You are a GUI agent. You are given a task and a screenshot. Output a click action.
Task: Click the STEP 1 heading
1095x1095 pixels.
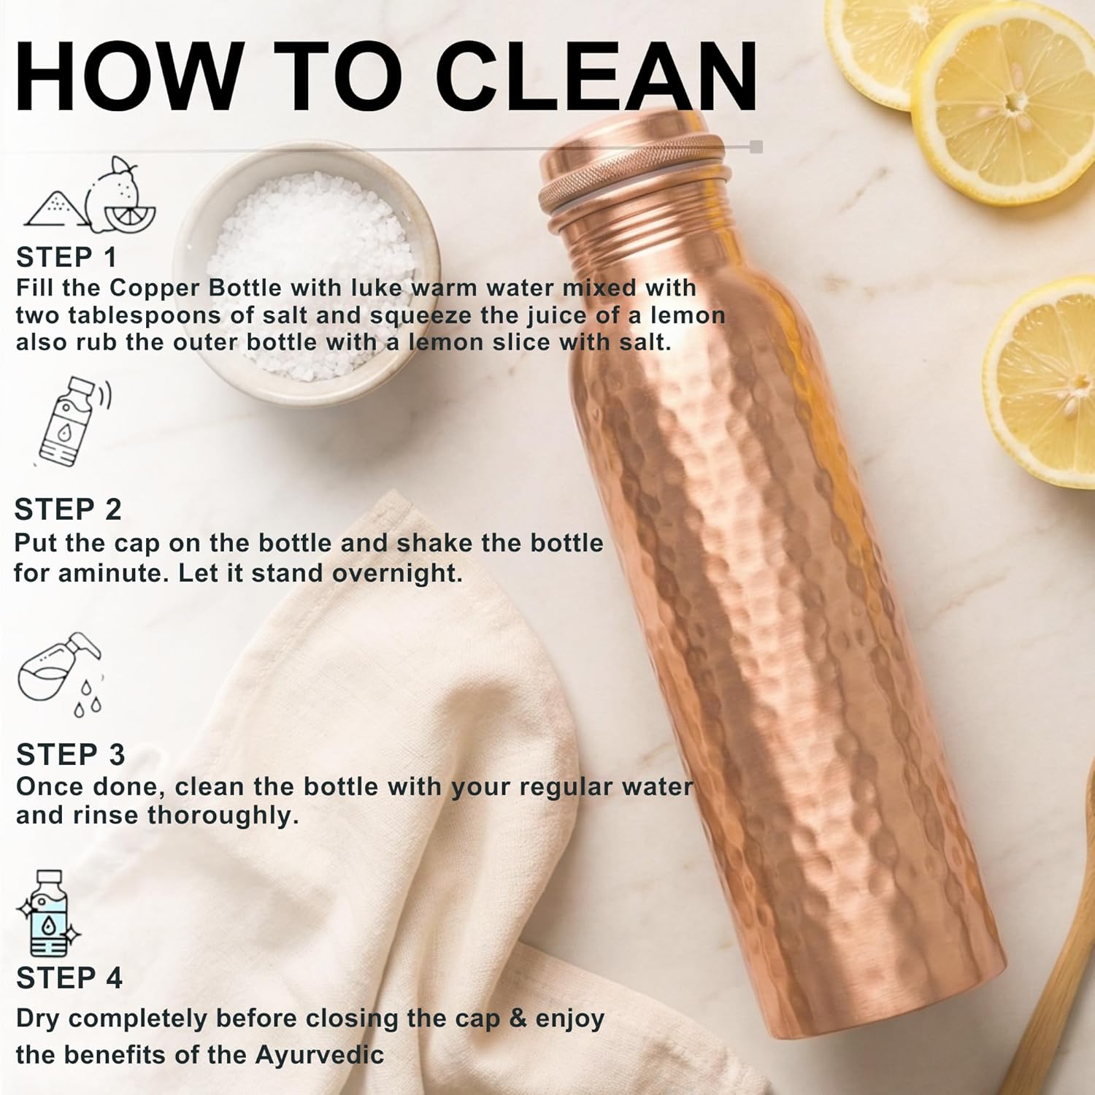coord(66,258)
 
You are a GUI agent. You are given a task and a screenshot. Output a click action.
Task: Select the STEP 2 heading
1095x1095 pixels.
coord(68,510)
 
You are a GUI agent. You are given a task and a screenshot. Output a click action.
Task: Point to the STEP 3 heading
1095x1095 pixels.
coord(70,755)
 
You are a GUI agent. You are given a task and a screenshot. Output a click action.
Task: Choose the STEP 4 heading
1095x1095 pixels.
coord(69,978)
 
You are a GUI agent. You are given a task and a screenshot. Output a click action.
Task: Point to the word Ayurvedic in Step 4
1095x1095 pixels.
coord(319,1056)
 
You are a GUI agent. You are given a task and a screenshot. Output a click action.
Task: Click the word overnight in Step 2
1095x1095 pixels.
coord(397,573)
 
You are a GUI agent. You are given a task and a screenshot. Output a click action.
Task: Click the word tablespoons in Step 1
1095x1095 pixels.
coord(139,315)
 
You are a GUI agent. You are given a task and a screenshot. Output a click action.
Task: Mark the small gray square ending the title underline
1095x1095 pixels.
coord(756,147)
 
